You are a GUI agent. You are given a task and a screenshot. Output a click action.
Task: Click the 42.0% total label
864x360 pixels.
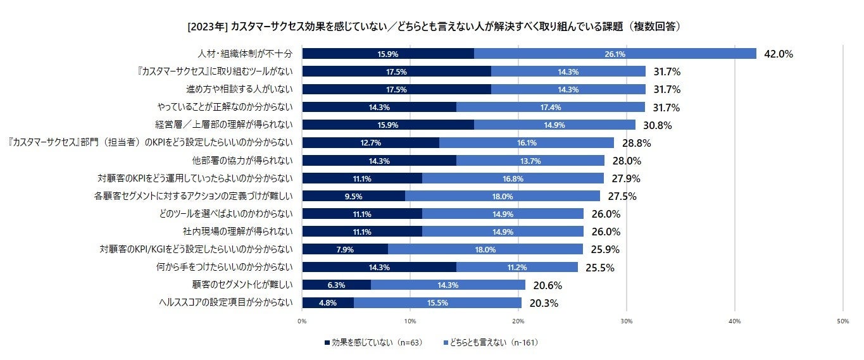tap(779, 54)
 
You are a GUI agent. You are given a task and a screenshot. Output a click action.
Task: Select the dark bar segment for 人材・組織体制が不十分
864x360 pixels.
tap(388, 54)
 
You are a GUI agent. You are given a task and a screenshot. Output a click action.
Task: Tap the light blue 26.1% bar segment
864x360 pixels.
tap(615, 54)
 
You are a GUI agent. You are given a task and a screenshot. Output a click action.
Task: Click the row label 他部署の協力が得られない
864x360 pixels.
tap(242, 160)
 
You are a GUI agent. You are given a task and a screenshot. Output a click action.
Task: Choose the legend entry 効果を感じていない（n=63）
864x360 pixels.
tap(373, 342)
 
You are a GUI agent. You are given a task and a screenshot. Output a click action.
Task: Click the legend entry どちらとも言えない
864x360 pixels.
tap(491, 342)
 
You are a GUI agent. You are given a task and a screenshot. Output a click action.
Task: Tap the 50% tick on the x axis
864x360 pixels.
tap(842, 321)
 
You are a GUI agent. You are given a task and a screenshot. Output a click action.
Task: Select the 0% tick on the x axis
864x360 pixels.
tap(302, 321)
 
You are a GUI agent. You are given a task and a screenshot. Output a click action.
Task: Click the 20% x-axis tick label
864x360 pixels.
tap(518, 321)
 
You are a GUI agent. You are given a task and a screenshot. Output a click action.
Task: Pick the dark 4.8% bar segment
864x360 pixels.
tap(328, 302)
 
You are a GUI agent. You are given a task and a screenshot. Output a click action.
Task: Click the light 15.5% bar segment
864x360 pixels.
tap(437, 302)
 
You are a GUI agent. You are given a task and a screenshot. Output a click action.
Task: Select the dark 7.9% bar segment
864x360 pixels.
tap(345, 249)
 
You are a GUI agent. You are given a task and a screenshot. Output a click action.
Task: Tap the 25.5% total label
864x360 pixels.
tap(599, 267)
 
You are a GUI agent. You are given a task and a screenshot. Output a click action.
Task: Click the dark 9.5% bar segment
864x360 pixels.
tap(353, 196)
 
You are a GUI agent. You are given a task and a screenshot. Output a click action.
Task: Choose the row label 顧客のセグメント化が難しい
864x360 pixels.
tap(242, 285)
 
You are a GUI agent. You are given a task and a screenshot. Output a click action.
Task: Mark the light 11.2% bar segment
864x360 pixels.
tap(517, 267)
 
